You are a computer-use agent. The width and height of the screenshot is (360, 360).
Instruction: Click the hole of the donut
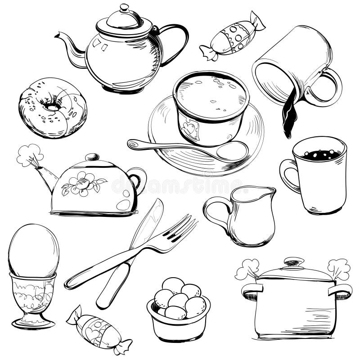(53, 107)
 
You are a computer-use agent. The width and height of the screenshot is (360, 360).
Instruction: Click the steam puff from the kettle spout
(30, 155)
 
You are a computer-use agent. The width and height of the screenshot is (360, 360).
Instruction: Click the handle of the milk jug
(215, 211)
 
